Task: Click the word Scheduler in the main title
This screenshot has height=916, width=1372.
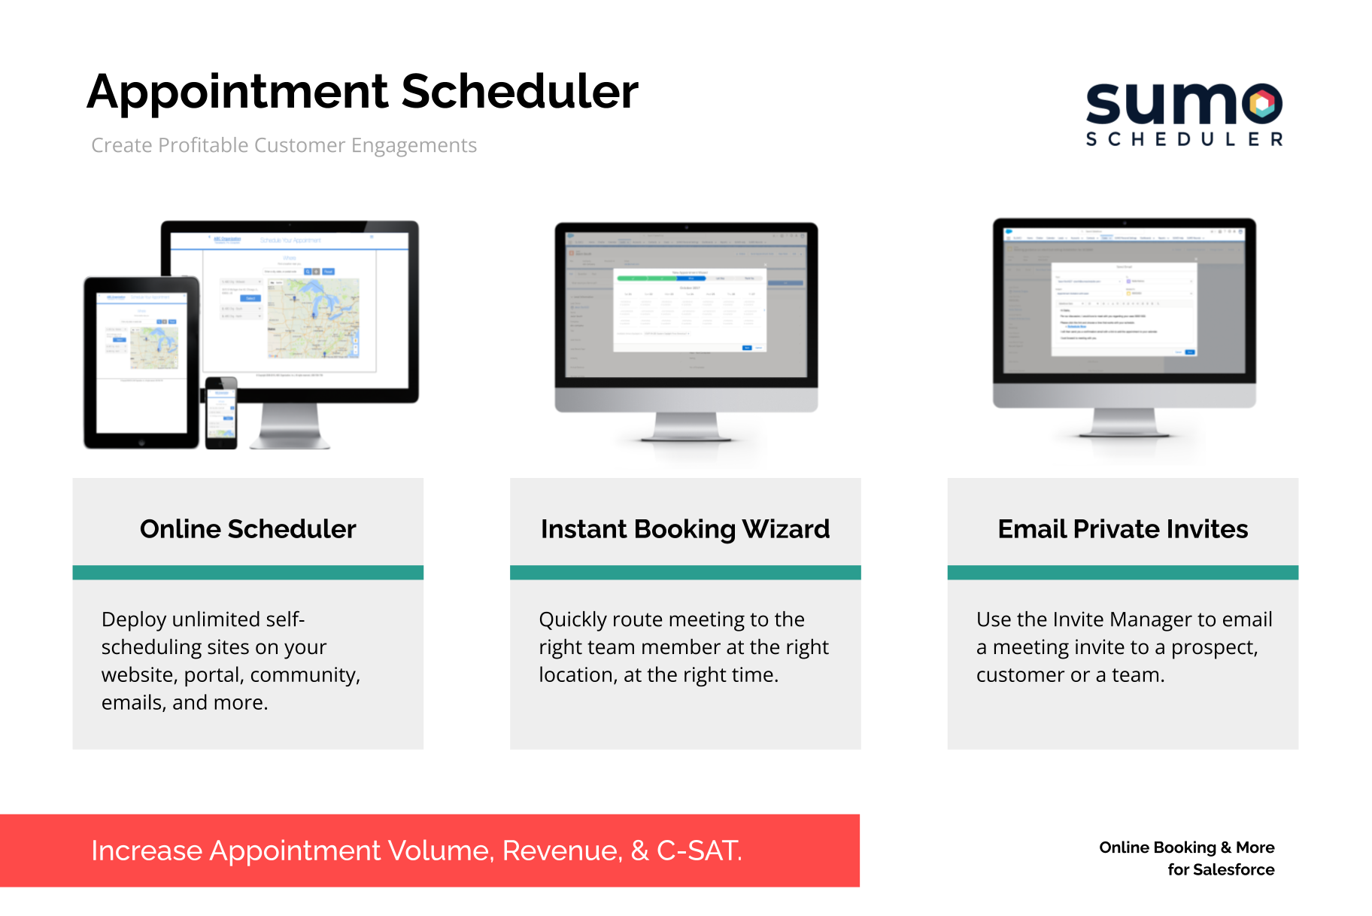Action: (x=520, y=92)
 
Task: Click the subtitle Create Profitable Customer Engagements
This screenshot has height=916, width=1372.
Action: (x=284, y=145)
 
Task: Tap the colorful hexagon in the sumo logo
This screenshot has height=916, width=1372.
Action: (x=1264, y=104)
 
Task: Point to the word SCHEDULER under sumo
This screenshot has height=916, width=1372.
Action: (x=1184, y=139)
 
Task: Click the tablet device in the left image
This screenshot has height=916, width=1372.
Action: (x=141, y=361)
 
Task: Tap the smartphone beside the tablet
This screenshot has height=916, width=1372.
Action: (x=221, y=413)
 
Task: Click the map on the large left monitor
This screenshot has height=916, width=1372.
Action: (x=314, y=317)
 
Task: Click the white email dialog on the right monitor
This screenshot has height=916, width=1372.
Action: (x=1123, y=309)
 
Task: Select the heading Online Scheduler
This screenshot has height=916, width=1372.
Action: (x=247, y=529)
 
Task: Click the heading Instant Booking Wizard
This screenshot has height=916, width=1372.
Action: (x=684, y=529)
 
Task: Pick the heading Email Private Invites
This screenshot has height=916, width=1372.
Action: (x=1122, y=529)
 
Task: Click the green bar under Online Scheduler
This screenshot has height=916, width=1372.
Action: (x=247, y=573)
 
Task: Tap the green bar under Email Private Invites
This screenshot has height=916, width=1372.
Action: (x=1122, y=573)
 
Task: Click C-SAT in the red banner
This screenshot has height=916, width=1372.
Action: (x=699, y=851)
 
